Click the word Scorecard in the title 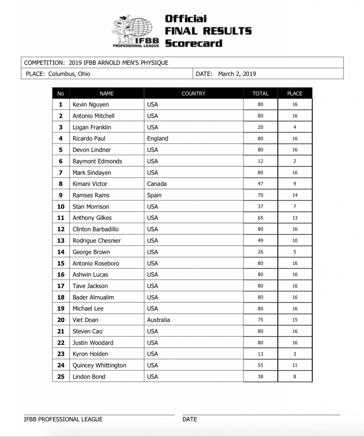coord(194,43)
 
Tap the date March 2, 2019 coord(237,74)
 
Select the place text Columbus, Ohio coord(69,74)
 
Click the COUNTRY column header coord(193,93)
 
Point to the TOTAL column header coord(260,93)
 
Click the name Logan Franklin coord(92,127)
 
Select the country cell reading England coord(157,138)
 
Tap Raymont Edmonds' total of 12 coord(260,161)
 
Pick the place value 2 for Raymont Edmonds coord(295,161)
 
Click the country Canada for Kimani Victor coord(156,184)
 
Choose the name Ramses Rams coord(91,195)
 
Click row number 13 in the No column coord(61,240)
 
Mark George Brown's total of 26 coord(260,252)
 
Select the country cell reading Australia coord(158,320)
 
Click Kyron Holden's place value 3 coord(295,354)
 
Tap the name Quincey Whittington coord(100,365)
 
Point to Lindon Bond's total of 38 coord(260,376)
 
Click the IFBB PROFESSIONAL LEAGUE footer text coord(63,419)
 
